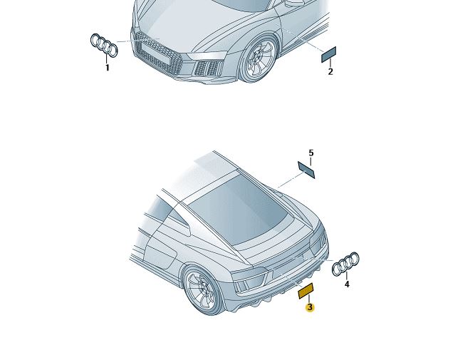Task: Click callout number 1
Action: (107, 68)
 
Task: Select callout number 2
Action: (330, 71)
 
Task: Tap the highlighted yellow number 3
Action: (310, 307)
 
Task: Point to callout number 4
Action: (347, 284)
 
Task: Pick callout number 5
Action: (311, 153)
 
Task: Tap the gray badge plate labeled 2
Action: (329, 55)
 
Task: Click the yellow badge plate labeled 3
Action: (306, 291)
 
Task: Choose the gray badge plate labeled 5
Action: (306, 170)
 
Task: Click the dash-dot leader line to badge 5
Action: (291, 180)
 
